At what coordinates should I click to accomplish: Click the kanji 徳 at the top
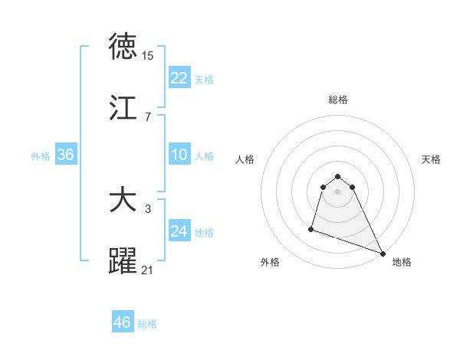pyautogui.click(x=123, y=47)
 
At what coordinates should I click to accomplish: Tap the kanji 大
pyautogui.click(x=123, y=201)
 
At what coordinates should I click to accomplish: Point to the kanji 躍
pyautogui.click(x=123, y=261)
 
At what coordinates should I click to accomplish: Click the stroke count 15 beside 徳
pyautogui.click(x=147, y=56)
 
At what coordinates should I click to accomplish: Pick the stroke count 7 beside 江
pyautogui.click(x=147, y=117)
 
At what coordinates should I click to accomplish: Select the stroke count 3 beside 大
pyautogui.click(x=147, y=209)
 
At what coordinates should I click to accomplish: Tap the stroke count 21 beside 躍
pyautogui.click(x=147, y=270)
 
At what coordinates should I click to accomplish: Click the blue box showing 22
pyautogui.click(x=179, y=78)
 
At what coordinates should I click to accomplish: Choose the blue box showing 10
pyautogui.click(x=179, y=155)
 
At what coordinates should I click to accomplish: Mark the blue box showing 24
pyautogui.click(x=179, y=231)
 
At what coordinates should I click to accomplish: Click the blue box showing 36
pyautogui.click(x=66, y=155)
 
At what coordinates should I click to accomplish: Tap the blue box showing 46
pyautogui.click(x=123, y=322)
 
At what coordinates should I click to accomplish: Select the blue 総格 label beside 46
pyautogui.click(x=147, y=324)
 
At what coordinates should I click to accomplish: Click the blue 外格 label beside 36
pyautogui.click(x=41, y=156)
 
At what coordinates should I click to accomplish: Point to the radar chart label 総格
pyautogui.click(x=337, y=100)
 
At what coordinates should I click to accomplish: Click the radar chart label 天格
pyautogui.click(x=431, y=159)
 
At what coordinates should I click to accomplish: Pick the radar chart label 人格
pyautogui.click(x=245, y=159)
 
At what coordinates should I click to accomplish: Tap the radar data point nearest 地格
pyautogui.click(x=382, y=253)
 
